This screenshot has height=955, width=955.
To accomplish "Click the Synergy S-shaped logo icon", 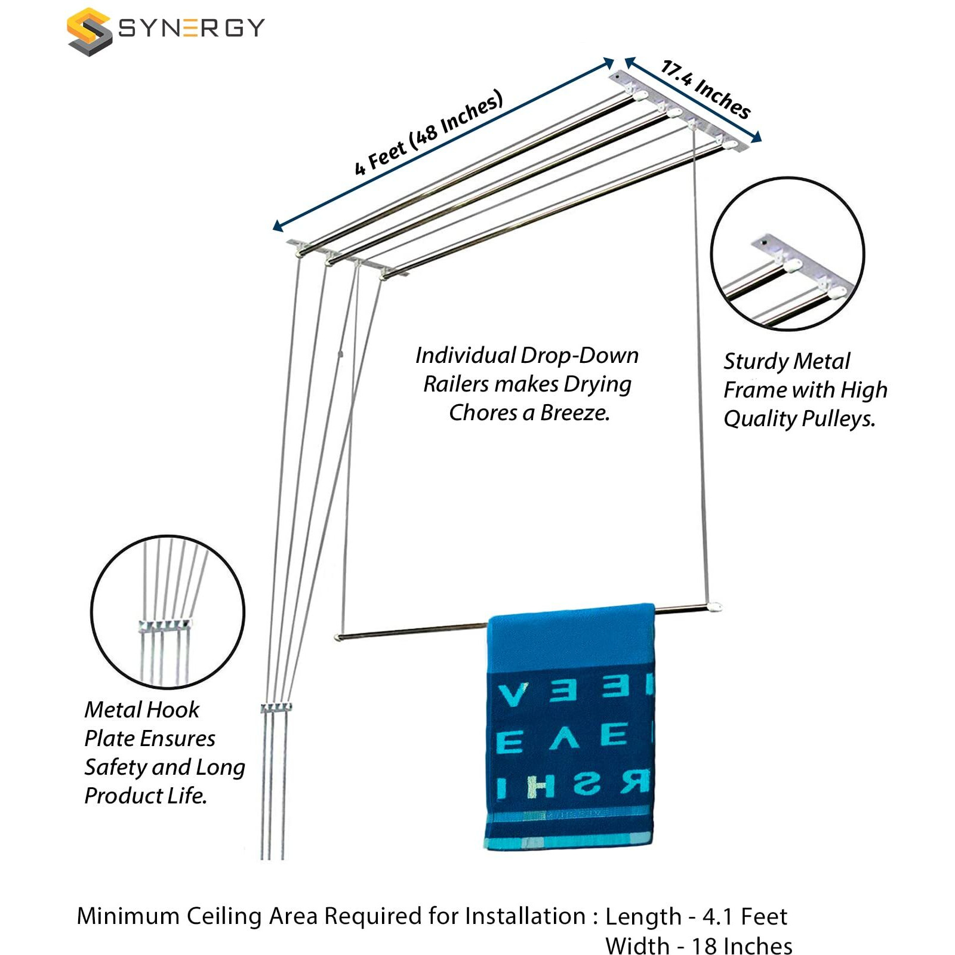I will (x=89, y=31).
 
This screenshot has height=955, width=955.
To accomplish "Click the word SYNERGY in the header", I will (x=191, y=28).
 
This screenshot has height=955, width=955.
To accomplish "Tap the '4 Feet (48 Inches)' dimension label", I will (x=429, y=133).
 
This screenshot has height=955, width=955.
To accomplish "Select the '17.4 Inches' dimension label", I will (x=706, y=90).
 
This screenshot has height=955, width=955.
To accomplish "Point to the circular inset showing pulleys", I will (x=787, y=254).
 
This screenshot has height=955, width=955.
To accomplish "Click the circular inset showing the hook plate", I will (x=168, y=612).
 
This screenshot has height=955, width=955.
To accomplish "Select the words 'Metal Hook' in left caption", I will (x=141, y=710).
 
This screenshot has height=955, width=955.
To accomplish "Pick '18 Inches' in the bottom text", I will (x=741, y=946).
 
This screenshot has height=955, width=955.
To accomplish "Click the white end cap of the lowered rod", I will (x=714, y=607).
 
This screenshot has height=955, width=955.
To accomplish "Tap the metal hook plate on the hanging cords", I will (x=276, y=708).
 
